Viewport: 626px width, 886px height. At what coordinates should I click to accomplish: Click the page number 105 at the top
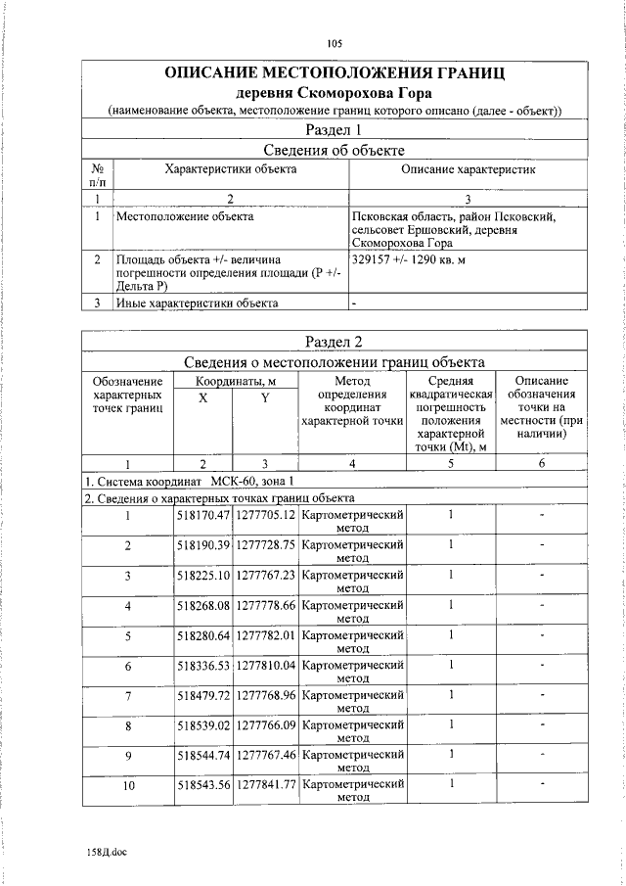(x=335, y=43)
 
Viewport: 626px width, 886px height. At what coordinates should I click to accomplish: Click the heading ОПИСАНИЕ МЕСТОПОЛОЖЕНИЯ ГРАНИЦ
(x=335, y=73)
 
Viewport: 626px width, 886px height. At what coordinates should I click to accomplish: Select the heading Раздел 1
(x=335, y=129)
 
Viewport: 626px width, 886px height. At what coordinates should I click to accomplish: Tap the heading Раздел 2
(x=335, y=341)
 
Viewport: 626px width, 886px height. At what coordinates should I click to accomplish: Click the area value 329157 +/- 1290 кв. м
(x=407, y=259)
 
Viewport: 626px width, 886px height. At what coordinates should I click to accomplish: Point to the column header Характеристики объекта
(x=231, y=169)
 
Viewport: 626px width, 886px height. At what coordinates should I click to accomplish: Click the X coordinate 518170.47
(x=202, y=514)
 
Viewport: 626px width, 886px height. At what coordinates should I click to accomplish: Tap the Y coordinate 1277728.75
(x=265, y=544)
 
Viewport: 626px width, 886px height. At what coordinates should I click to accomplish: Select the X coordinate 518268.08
(x=202, y=605)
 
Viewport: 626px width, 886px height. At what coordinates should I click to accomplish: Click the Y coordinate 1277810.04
(x=265, y=666)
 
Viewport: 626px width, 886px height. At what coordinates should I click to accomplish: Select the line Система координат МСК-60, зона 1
(x=188, y=483)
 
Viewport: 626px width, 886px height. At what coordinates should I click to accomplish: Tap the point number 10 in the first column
(x=127, y=786)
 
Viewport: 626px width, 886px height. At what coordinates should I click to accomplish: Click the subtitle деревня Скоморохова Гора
(x=335, y=92)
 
